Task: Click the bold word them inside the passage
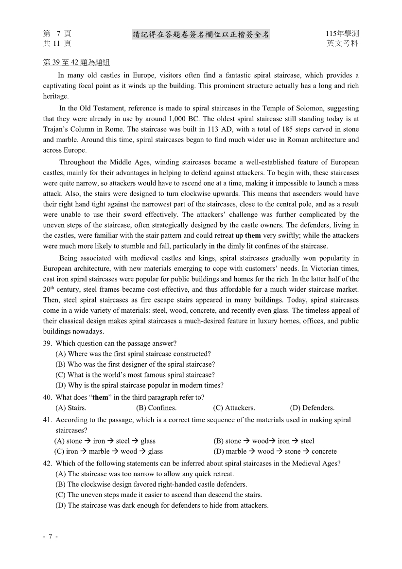pyautogui.click(x=253, y=236)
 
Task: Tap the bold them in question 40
pyautogui.click(x=101, y=397)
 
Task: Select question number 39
pyautogui.click(x=48, y=343)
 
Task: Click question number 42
pyautogui.click(x=48, y=463)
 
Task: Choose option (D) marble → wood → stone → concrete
pyautogui.click(x=275, y=451)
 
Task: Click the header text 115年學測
pyautogui.click(x=343, y=34)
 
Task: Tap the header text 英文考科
pyautogui.click(x=343, y=43)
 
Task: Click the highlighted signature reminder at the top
pyautogui.click(x=201, y=34)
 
